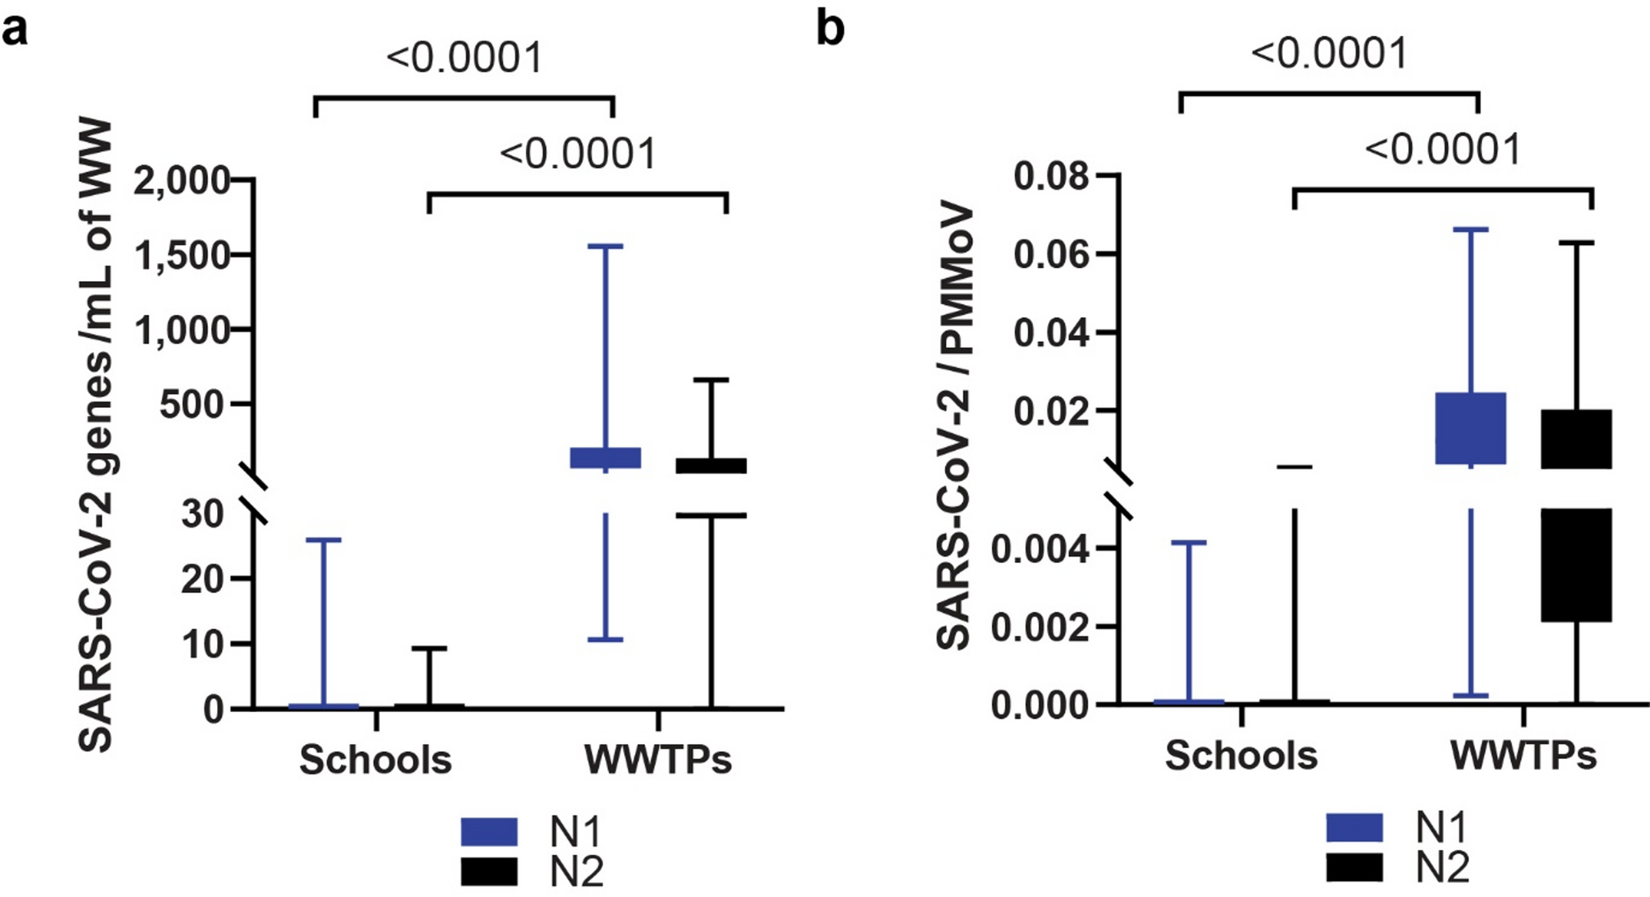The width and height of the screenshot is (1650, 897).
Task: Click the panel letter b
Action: click(830, 30)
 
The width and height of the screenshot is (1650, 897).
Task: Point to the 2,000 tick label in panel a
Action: click(182, 180)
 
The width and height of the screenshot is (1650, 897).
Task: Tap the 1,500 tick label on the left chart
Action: click(182, 256)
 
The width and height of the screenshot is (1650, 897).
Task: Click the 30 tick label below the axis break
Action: click(202, 514)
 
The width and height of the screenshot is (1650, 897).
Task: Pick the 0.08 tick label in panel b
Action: click(1051, 176)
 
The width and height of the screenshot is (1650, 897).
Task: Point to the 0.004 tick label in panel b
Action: click(1040, 548)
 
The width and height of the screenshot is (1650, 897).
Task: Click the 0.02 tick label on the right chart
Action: click(1051, 411)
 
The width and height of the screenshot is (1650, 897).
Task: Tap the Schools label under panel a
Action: click(375, 759)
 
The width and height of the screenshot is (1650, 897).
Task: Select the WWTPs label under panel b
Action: click(1523, 755)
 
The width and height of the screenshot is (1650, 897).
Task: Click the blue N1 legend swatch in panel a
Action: click(489, 831)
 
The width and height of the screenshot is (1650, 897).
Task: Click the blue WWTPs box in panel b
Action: click(1470, 428)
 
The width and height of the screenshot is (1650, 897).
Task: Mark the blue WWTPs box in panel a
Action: click(606, 458)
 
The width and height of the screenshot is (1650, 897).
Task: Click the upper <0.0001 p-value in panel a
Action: click(464, 58)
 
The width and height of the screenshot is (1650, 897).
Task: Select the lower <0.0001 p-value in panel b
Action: click(1443, 150)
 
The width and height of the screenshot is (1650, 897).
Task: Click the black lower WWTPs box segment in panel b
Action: click(1576, 565)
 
